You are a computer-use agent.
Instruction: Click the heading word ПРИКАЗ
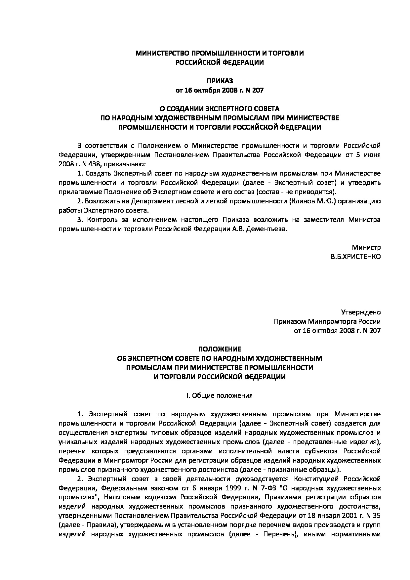point(205,81)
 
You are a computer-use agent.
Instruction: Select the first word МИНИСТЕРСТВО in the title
point(163,53)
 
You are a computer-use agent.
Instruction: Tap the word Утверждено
point(361,312)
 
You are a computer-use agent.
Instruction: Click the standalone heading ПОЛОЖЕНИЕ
point(220,349)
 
